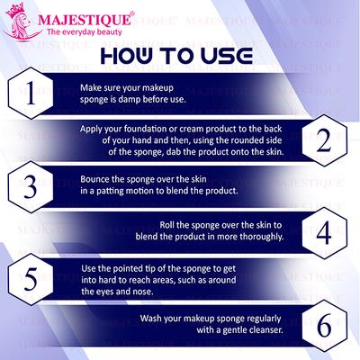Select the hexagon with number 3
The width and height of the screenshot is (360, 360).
(31, 184)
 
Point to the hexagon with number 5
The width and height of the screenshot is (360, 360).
(31, 276)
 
